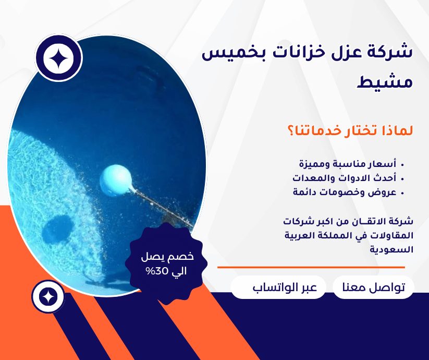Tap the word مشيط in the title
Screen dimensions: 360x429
[x=386, y=82]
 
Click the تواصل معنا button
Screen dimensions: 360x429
[x=373, y=288]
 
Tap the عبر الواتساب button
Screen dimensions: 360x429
[x=278, y=288]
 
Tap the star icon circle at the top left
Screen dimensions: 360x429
[x=59, y=58]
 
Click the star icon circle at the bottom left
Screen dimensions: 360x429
[x=48, y=296]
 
